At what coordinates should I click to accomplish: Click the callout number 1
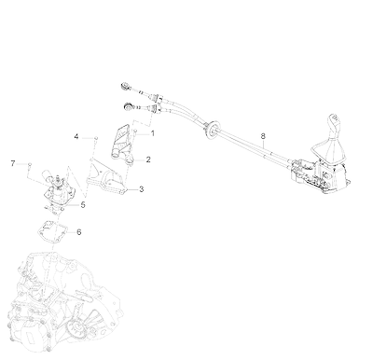152,133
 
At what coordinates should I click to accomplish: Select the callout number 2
148,159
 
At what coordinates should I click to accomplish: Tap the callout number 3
142,189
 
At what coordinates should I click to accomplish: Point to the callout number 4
76,136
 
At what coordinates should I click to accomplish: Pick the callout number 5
83,205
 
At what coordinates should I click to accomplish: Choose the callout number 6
79,232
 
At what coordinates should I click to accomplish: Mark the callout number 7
13,163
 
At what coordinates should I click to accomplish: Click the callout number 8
263,136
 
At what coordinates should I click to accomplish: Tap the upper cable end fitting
126,85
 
